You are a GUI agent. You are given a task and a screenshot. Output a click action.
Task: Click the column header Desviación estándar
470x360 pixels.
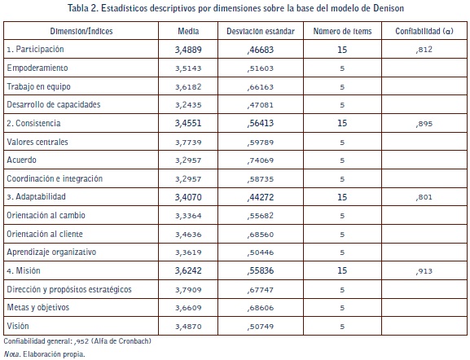(x=261, y=31)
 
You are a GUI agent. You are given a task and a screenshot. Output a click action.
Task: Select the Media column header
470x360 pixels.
(x=188, y=31)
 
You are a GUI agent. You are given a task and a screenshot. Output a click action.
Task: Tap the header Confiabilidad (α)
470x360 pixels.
(x=424, y=31)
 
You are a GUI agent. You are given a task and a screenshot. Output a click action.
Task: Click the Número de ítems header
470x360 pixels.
(x=342, y=31)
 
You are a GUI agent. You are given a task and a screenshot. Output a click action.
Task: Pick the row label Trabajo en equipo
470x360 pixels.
(x=38, y=86)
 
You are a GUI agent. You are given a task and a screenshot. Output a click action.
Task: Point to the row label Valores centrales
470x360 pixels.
(x=37, y=142)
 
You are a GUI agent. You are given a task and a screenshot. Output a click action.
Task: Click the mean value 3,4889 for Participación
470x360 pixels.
(x=188, y=50)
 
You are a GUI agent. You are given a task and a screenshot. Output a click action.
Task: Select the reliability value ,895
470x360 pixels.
(x=424, y=124)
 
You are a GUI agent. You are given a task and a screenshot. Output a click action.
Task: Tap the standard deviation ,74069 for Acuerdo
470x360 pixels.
(x=261, y=160)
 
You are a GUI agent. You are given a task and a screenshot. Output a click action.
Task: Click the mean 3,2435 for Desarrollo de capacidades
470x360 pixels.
(x=188, y=105)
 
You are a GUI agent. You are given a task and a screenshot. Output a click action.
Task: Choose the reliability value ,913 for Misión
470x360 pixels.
(x=424, y=271)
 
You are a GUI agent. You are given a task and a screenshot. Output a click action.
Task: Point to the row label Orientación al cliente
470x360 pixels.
(x=45, y=234)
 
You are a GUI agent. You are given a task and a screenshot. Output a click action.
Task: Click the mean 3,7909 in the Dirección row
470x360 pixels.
(x=188, y=290)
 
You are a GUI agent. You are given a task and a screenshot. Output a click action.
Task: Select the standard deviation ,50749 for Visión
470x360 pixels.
(x=261, y=327)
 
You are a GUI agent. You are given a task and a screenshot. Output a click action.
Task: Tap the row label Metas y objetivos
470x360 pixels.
(x=38, y=308)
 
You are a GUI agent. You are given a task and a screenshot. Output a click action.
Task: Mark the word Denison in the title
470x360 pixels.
(x=389, y=8)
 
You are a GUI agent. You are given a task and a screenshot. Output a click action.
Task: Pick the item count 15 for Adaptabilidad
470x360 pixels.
(x=342, y=197)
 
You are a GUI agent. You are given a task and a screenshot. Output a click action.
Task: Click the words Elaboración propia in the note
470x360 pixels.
(x=54, y=354)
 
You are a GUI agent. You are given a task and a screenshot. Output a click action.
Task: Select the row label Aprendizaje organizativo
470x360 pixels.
(x=51, y=252)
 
